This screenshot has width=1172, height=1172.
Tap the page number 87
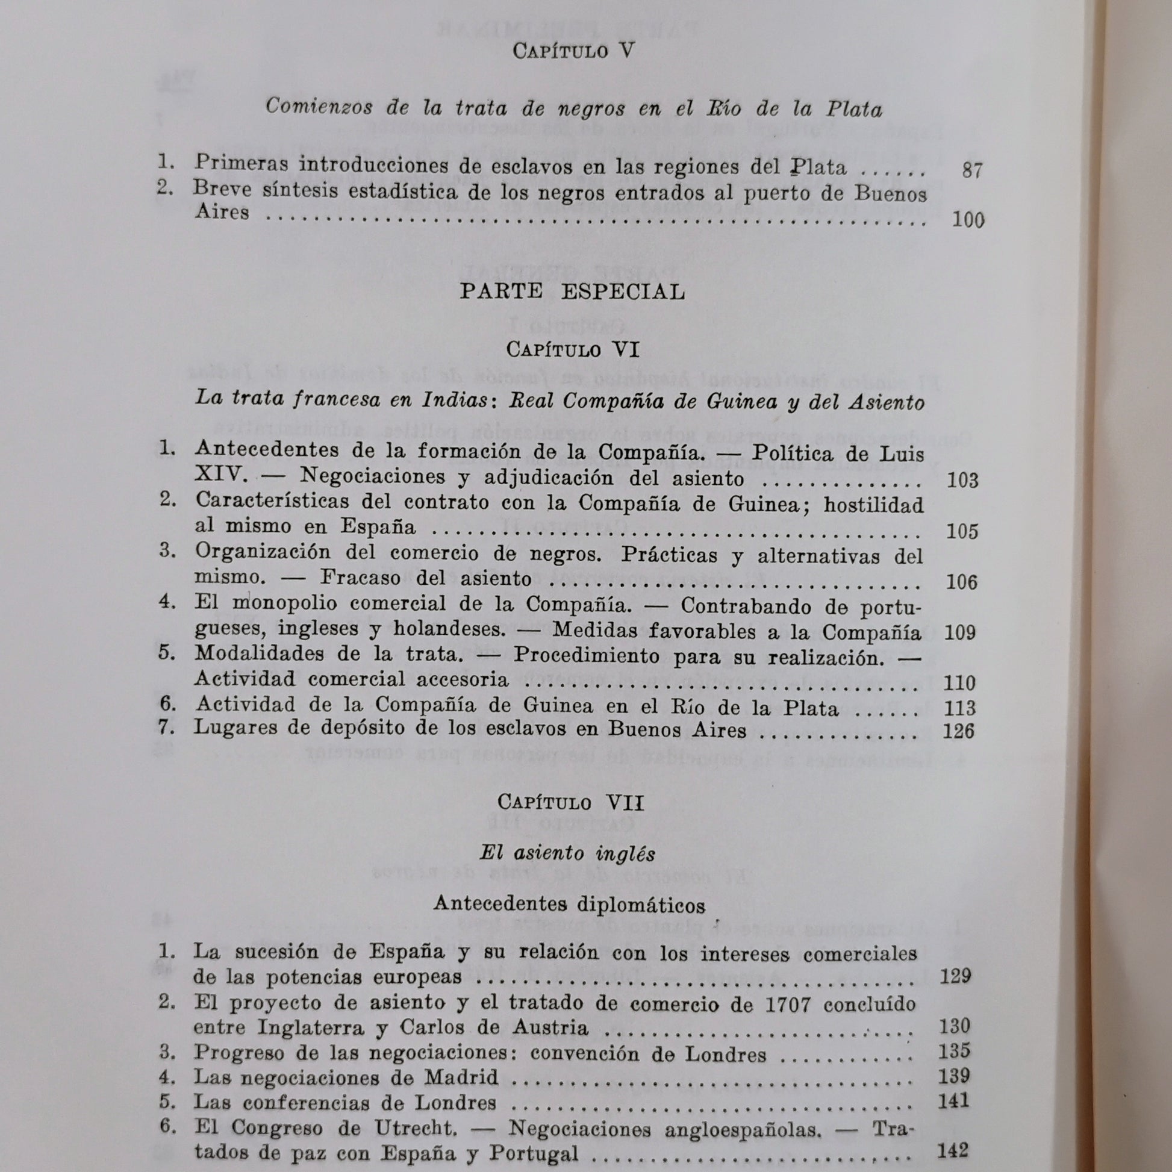971,171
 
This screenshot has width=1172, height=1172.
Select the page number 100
968,220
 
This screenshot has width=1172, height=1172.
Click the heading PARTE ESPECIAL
572,291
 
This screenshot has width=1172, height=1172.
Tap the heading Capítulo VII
570,803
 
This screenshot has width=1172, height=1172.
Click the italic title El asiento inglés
567,854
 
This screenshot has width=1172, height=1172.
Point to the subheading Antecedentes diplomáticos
570,906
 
